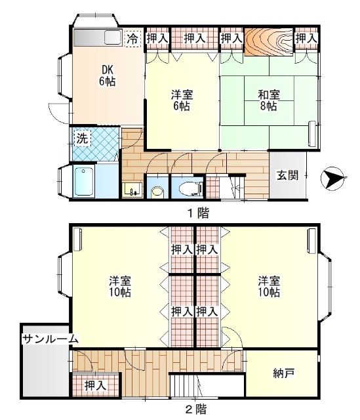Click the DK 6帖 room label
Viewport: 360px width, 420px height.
pyautogui.click(x=108, y=75)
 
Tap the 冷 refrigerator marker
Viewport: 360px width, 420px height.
pyautogui.click(x=132, y=39)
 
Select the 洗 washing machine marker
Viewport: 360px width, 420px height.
pyautogui.click(x=81, y=138)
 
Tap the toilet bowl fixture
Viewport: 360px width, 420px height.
pyautogui.click(x=190, y=189)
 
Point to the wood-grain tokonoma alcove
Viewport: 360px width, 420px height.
pyautogui.click(x=268, y=41)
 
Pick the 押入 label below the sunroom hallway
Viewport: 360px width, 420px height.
pyautogui.click(x=96, y=386)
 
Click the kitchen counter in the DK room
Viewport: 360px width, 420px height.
pyautogui.click(x=98, y=38)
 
